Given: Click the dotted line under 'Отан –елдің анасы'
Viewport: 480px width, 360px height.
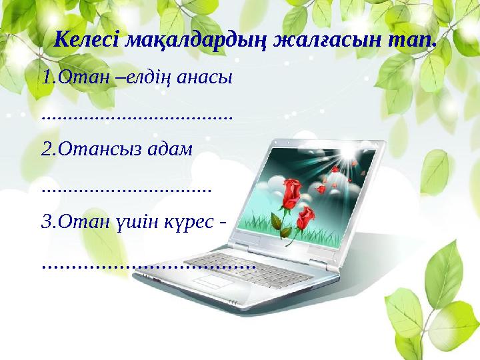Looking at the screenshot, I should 137,117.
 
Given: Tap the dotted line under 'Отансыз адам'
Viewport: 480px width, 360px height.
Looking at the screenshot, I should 126,189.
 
